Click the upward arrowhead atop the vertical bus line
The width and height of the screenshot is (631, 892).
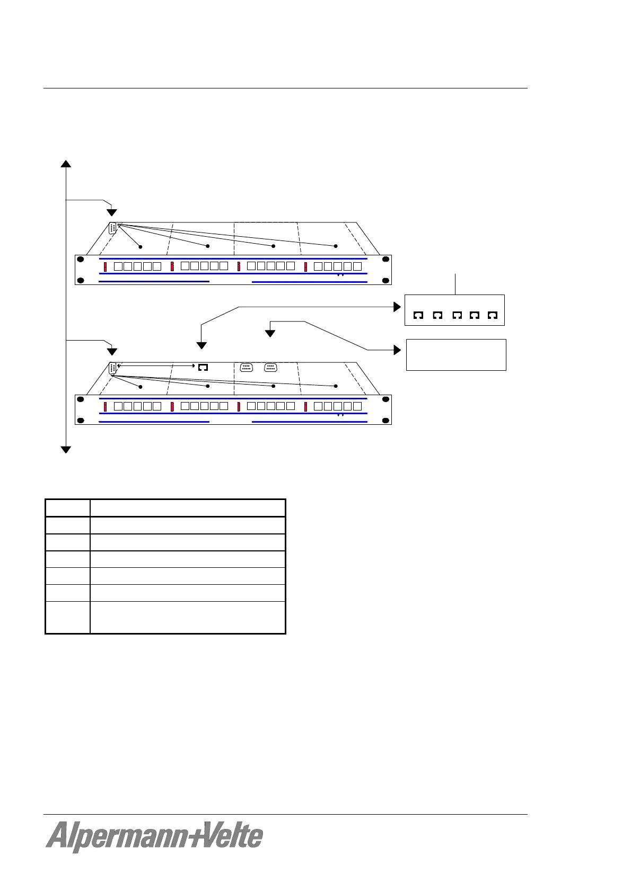point(66,163)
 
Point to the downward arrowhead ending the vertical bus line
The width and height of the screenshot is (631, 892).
point(66,450)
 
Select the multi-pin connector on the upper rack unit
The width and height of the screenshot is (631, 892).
point(112,228)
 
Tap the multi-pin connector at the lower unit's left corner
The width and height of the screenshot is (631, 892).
point(112,369)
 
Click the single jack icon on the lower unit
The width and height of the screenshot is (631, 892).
point(203,368)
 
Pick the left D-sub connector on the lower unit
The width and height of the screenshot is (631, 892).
point(246,368)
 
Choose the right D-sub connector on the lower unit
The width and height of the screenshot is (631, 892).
point(270,368)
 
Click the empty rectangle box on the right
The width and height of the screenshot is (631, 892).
point(456,354)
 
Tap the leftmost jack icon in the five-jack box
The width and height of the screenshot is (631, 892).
point(418,315)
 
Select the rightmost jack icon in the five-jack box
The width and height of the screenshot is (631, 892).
point(493,315)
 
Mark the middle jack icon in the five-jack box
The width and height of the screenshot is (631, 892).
point(457,315)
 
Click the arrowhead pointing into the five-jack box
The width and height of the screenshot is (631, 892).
point(397,307)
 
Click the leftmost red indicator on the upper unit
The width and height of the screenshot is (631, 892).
point(106,266)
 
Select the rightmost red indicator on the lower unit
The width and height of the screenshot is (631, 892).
point(306,407)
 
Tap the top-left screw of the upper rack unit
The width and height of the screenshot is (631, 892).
point(81,260)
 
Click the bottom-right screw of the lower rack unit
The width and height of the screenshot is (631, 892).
point(385,421)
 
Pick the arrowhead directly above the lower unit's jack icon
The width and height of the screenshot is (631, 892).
point(201,345)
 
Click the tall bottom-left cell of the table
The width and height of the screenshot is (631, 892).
point(67,617)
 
